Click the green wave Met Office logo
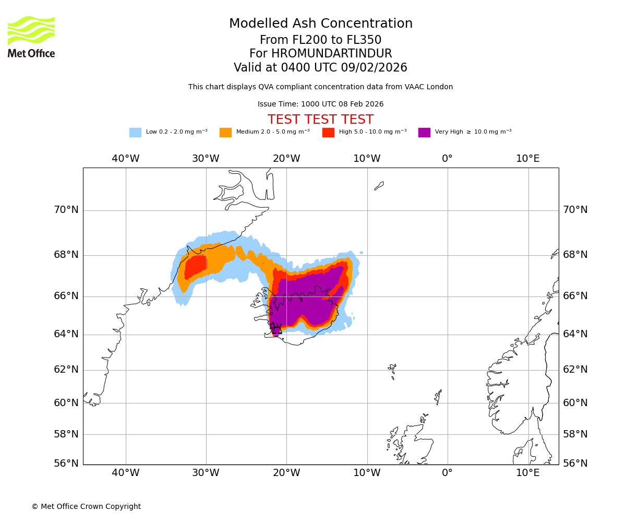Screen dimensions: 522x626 point(31,30)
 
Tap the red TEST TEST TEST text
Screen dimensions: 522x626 point(320,120)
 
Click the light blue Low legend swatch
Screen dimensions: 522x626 point(135,132)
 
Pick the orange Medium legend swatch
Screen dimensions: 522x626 point(225,132)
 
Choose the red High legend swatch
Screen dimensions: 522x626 point(328,132)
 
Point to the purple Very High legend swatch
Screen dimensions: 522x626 point(424,132)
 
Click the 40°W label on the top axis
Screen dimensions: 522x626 point(126,159)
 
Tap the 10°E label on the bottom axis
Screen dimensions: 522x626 point(528,473)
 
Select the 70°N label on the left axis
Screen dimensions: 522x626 point(66,210)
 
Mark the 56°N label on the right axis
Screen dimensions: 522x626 point(575,463)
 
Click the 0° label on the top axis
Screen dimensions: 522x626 point(447,159)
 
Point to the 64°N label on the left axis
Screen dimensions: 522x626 point(66,334)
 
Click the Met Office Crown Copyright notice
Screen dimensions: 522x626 point(86,506)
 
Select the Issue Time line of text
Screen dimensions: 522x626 point(320,104)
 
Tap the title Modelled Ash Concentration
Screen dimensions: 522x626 point(320,23)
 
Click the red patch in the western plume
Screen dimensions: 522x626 point(196,266)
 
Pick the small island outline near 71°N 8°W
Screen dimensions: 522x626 point(379,185)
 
